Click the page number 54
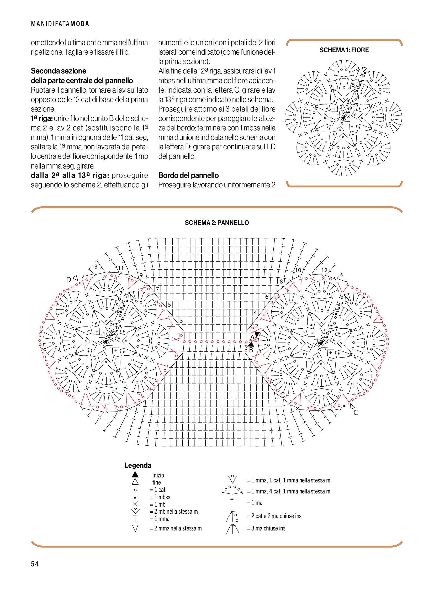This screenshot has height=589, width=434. tap(35, 564)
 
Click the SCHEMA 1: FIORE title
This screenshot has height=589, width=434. tap(344, 50)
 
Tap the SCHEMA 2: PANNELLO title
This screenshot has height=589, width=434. tap(217, 223)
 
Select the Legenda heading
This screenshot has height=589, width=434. tap(138, 465)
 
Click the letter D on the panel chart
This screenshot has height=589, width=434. tap(68, 280)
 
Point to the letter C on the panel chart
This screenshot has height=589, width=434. tap(356, 413)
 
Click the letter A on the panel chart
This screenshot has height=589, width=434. tap(252, 337)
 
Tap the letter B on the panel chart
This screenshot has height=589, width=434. tap(251, 350)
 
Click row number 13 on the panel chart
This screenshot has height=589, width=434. tap(94, 266)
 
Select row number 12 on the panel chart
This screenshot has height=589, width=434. tap(324, 270)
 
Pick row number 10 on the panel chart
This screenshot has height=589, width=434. tap(298, 270)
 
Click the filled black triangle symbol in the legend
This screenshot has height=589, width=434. tap(135, 474)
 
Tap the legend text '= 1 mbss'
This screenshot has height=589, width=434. tap(160, 497)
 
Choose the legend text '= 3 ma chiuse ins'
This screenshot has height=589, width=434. tap(266, 528)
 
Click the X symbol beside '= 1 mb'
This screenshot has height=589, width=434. tap(135, 504)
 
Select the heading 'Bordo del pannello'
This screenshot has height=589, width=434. tap(188, 175)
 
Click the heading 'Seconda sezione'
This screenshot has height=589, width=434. tap(58, 71)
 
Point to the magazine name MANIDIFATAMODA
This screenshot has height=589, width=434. tap(60, 24)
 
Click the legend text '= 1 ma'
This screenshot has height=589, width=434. tap(255, 503)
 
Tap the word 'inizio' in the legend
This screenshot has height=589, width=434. tap(158, 475)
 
